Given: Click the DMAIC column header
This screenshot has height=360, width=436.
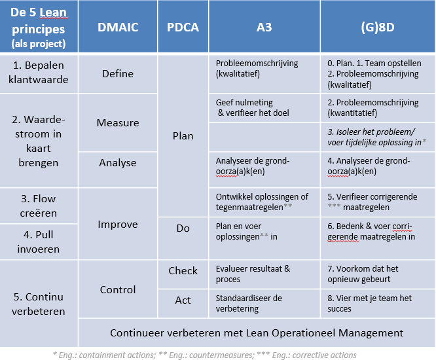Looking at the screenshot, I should tap(118, 27).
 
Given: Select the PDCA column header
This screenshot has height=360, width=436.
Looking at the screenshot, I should tap(183, 27).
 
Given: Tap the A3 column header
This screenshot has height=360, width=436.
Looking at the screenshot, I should tap(264, 27).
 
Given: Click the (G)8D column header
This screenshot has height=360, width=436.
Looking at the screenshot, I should tap(377, 27).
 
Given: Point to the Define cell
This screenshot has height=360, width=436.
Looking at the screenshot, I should tap(118, 74).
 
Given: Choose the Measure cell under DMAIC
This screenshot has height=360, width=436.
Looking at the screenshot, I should tap(118, 123).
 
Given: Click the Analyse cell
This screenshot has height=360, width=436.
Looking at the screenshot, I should tap(118, 162).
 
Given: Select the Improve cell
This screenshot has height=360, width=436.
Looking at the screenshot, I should tap(118, 225).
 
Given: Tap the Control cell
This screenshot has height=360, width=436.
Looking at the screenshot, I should tap(118, 289).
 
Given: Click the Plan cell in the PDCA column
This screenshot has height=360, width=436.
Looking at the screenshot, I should tap(183, 136).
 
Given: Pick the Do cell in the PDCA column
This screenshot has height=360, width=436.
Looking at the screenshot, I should tap(183, 228).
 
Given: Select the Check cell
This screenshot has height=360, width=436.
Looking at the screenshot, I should tap(183, 271).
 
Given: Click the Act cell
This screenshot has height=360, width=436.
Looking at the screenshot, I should tap(183, 300).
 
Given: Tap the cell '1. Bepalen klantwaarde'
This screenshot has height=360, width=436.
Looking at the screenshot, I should tap(39, 74).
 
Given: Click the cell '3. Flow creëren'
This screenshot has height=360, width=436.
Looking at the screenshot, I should tap(39, 206).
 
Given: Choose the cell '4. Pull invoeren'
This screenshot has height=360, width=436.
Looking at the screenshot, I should tap(39, 241).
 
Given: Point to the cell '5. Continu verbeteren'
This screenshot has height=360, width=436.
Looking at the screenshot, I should tap(39, 303).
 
